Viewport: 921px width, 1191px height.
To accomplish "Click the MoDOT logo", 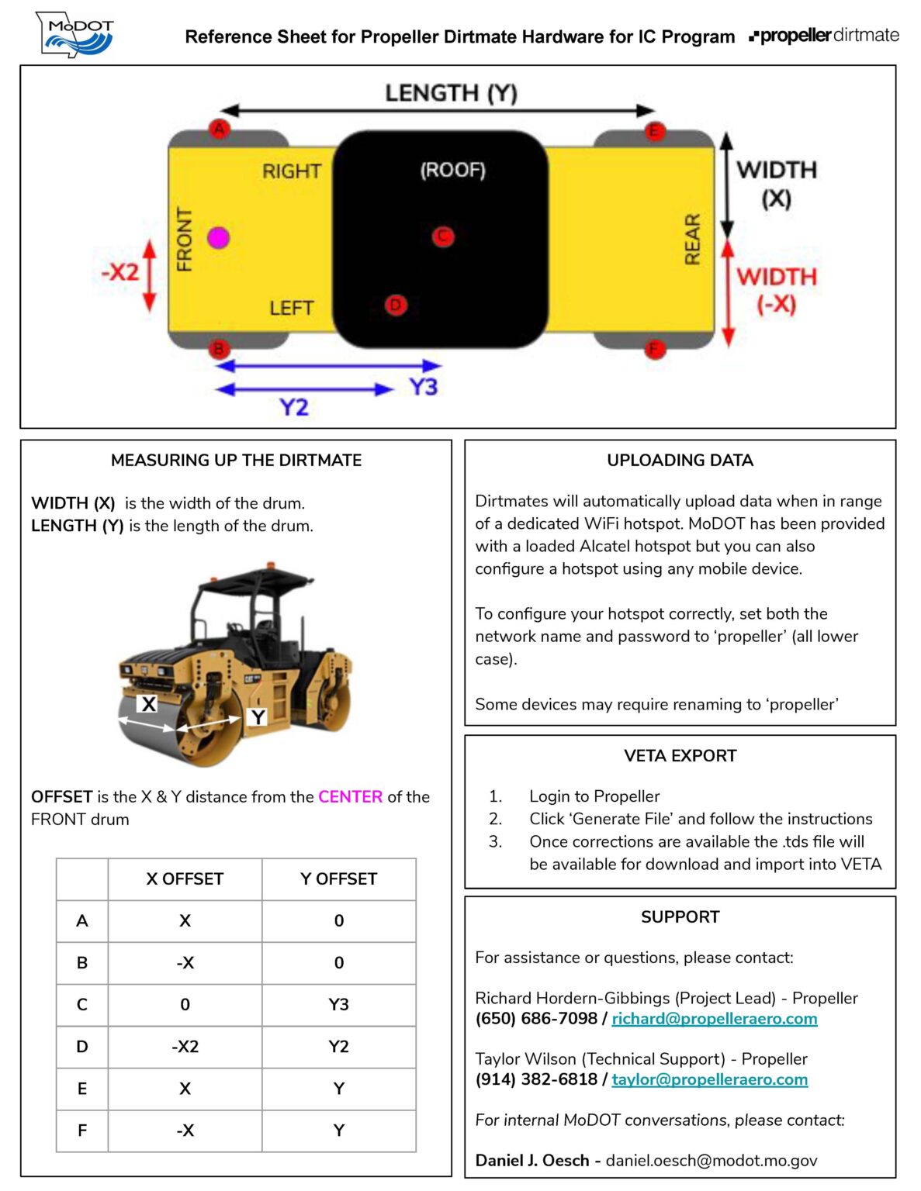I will [x=76, y=35].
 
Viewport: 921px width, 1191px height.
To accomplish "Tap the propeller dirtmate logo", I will [x=824, y=36].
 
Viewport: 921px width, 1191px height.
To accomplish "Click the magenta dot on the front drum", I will [x=219, y=237].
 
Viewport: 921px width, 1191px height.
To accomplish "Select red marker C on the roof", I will [x=443, y=236].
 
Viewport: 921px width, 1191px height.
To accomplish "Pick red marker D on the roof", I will [x=396, y=305].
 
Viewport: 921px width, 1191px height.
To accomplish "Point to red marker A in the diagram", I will [x=220, y=129].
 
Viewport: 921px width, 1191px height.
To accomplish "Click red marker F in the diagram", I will [x=655, y=349].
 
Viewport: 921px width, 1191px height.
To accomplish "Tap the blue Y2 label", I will [x=294, y=406].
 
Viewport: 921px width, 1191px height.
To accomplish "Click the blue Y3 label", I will [x=424, y=386].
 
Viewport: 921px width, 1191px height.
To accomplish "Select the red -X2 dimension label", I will [x=120, y=272].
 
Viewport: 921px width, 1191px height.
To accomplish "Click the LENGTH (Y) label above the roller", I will [x=451, y=93].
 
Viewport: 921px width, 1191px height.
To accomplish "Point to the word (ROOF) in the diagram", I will [x=452, y=170].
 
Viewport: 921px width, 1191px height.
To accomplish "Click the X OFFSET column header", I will [x=185, y=879].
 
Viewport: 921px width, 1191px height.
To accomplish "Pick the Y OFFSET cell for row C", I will [x=338, y=1004].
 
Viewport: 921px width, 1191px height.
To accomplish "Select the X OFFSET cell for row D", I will [x=185, y=1046].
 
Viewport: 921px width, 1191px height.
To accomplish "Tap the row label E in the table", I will [x=82, y=1088].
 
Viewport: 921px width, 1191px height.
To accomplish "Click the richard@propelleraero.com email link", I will [x=714, y=1018].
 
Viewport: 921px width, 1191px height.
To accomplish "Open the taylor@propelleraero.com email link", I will [x=709, y=1079].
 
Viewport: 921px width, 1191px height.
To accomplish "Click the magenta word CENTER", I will [x=350, y=796].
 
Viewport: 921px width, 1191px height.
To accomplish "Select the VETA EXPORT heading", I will [x=680, y=755].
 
